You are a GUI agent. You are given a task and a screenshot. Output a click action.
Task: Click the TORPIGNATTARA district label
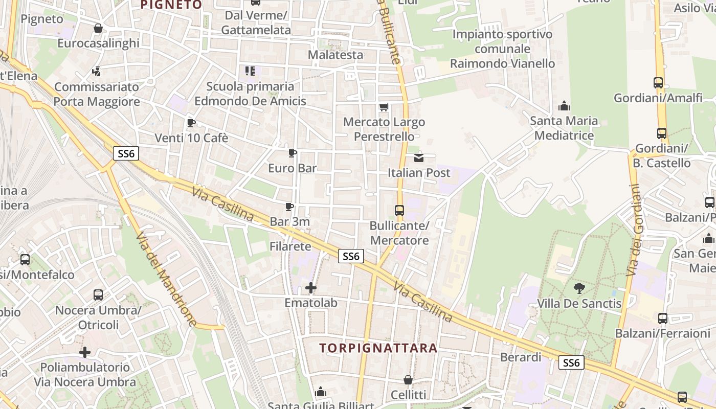(x=378, y=348)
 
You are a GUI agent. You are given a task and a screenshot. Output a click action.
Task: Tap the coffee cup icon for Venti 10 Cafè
(x=191, y=123)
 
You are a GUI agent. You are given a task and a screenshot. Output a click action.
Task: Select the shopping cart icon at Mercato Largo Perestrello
(x=384, y=107)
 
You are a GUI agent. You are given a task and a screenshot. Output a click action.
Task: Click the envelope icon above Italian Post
(x=419, y=157)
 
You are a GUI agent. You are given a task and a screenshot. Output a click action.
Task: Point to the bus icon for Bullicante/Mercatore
(x=399, y=210)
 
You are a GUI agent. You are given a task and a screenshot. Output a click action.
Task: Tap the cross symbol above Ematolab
(x=311, y=288)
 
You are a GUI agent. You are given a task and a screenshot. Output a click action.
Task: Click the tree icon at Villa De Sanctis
(x=579, y=288)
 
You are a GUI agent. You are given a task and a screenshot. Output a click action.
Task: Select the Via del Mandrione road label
(x=166, y=279)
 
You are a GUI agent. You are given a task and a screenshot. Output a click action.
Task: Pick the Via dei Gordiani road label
(x=635, y=230)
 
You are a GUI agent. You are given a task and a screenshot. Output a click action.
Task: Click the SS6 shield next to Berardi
(x=571, y=362)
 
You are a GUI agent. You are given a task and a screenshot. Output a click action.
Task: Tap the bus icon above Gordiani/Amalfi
(x=658, y=82)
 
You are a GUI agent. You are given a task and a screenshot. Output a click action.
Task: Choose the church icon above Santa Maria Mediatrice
(x=564, y=106)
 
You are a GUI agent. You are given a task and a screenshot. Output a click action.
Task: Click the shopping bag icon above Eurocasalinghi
(x=98, y=28)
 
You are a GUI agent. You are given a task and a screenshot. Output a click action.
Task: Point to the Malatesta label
(x=335, y=55)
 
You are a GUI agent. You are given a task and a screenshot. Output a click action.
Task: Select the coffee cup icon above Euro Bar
(x=293, y=153)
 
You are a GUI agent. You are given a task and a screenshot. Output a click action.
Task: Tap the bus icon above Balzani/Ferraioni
(x=663, y=318)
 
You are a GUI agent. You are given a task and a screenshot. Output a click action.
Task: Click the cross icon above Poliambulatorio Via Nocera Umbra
(x=85, y=352)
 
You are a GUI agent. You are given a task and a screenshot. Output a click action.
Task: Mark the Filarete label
(x=290, y=246)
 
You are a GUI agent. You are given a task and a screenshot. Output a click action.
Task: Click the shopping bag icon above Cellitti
(x=408, y=380)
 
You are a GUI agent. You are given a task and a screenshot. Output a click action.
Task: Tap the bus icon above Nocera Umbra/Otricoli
(x=98, y=295)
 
